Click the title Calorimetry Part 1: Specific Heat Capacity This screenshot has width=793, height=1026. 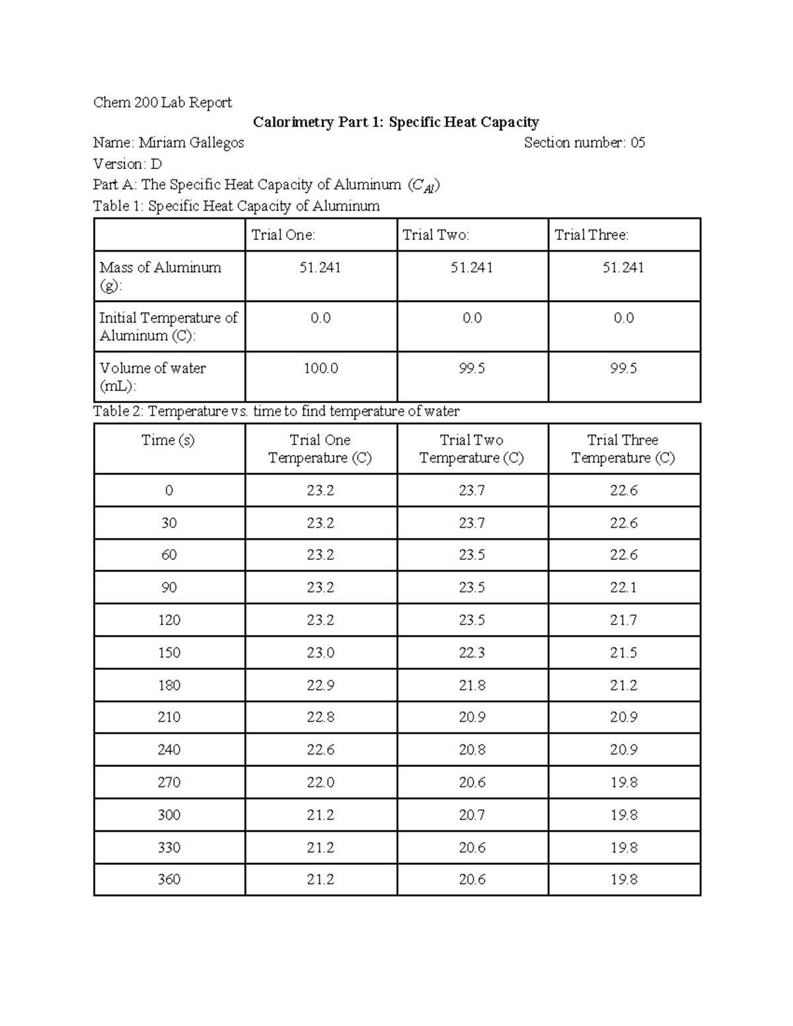click(x=396, y=122)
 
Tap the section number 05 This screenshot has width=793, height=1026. click(x=637, y=143)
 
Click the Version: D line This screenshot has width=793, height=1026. click(x=128, y=164)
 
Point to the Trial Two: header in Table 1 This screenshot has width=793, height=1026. click(x=435, y=235)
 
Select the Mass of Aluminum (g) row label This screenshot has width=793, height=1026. click(x=160, y=276)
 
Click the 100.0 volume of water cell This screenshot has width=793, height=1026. click(x=321, y=369)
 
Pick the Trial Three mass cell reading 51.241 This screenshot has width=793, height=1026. click(x=623, y=268)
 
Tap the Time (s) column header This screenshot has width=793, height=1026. click(x=169, y=441)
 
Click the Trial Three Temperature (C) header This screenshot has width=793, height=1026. click(x=623, y=449)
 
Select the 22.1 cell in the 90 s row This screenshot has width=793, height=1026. click(x=623, y=587)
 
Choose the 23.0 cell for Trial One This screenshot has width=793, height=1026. click(x=321, y=653)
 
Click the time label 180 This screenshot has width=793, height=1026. click(x=169, y=685)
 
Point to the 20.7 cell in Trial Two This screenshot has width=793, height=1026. click(x=472, y=815)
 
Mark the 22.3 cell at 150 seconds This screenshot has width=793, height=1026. click(x=472, y=653)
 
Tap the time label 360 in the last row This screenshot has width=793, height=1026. click(x=169, y=879)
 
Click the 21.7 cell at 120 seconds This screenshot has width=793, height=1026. click(x=623, y=620)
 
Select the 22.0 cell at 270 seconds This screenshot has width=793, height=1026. click(x=321, y=782)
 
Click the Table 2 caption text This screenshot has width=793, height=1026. click(x=276, y=412)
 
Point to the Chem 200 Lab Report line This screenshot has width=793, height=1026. click(x=163, y=102)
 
